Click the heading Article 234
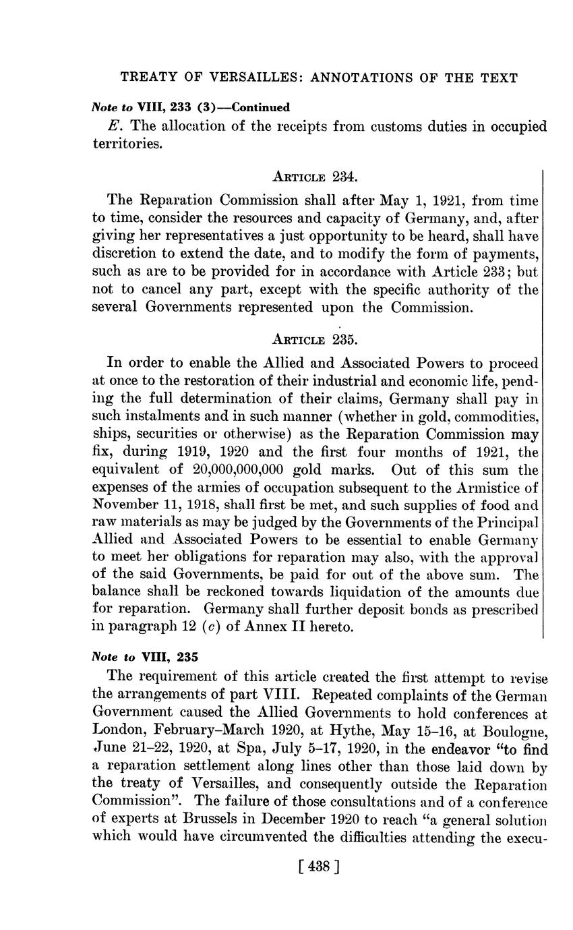(x=314, y=177)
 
